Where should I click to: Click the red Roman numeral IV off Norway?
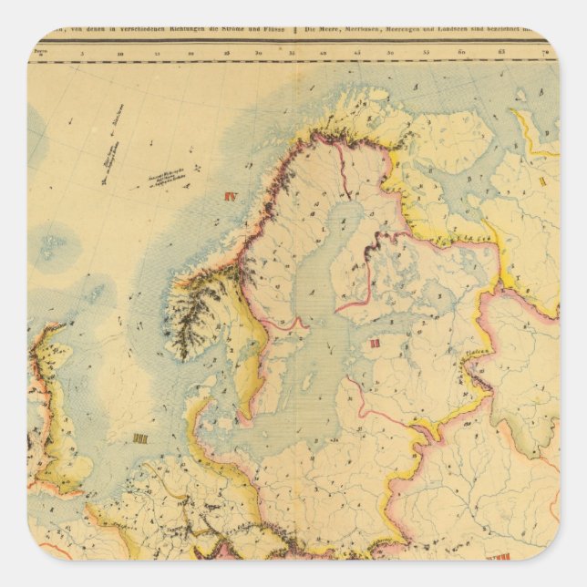(229, 195)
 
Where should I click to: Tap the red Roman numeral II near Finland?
(375, 344)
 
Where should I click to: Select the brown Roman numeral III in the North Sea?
(140, 438)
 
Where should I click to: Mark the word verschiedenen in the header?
(113, 43)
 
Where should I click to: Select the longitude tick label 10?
(120, 55)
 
